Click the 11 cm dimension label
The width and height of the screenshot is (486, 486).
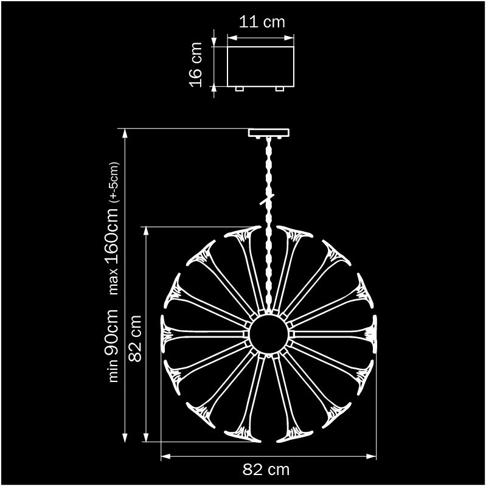[262, 22]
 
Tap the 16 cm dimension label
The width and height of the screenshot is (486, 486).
[196, 64]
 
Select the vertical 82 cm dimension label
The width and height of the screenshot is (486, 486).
[135, 338]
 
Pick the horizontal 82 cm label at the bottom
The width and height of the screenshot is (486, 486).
[266, 470]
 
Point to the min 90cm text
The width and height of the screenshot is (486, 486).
[112, 345]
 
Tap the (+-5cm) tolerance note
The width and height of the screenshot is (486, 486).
[114, 182]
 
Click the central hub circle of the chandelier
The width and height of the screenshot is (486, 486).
[269, 334]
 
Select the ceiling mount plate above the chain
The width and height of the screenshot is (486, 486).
[269, 133]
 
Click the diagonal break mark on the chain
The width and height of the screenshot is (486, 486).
[267, 200]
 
